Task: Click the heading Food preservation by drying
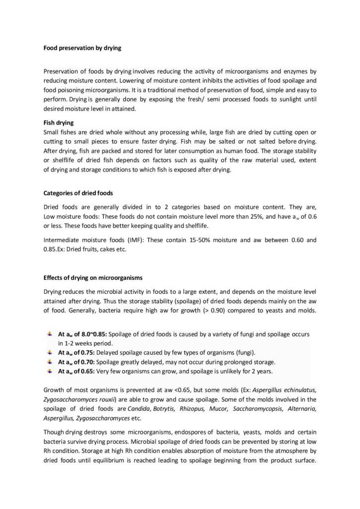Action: pyautogui.click(x=83, y=48)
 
